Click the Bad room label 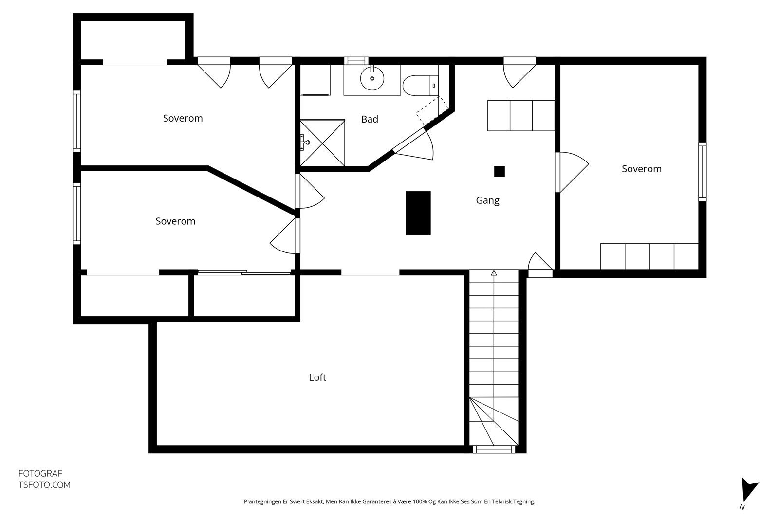click(x=370, y=119)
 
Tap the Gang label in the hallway click(x=487, y=200)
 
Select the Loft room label click(x=317, y=377)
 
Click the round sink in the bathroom click(x=372, y=78)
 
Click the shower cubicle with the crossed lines click(x=322, y=143)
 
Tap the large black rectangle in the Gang click(x=418, y=213)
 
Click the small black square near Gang click(x=499, y=171)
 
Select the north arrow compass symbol click(x=748, y=490)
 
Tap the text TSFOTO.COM click(x=44, y=485)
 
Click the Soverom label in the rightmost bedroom click(x=641, y=169)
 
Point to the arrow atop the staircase click(x=494, y=273)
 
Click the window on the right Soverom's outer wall click(x=702, y=171)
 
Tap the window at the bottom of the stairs click(x=494, y=449)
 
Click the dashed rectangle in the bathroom click(x=432, y=110)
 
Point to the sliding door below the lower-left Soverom click(x=243, y=272)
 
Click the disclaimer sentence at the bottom click(x=389, y=501)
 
